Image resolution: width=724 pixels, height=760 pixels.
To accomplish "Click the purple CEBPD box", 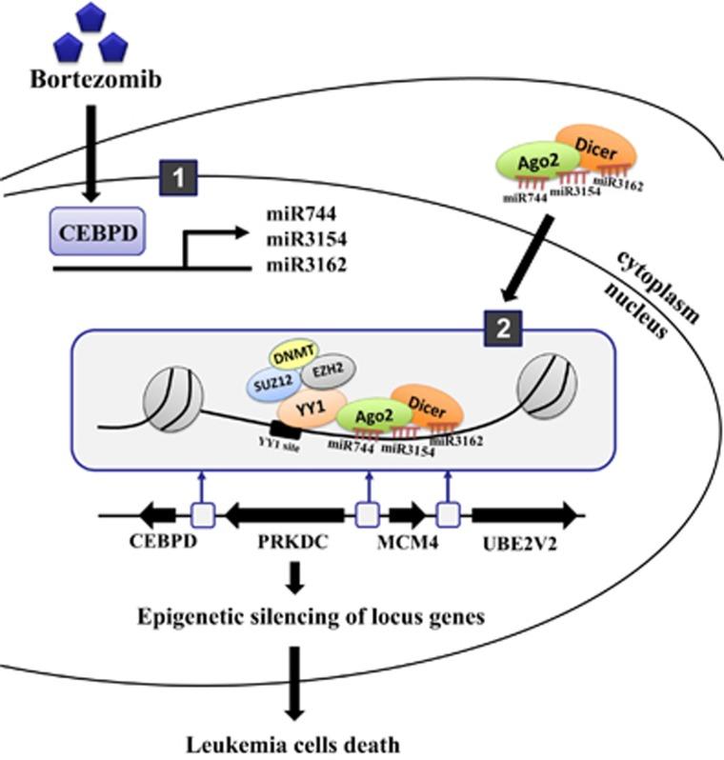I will [x=95, y=232].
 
